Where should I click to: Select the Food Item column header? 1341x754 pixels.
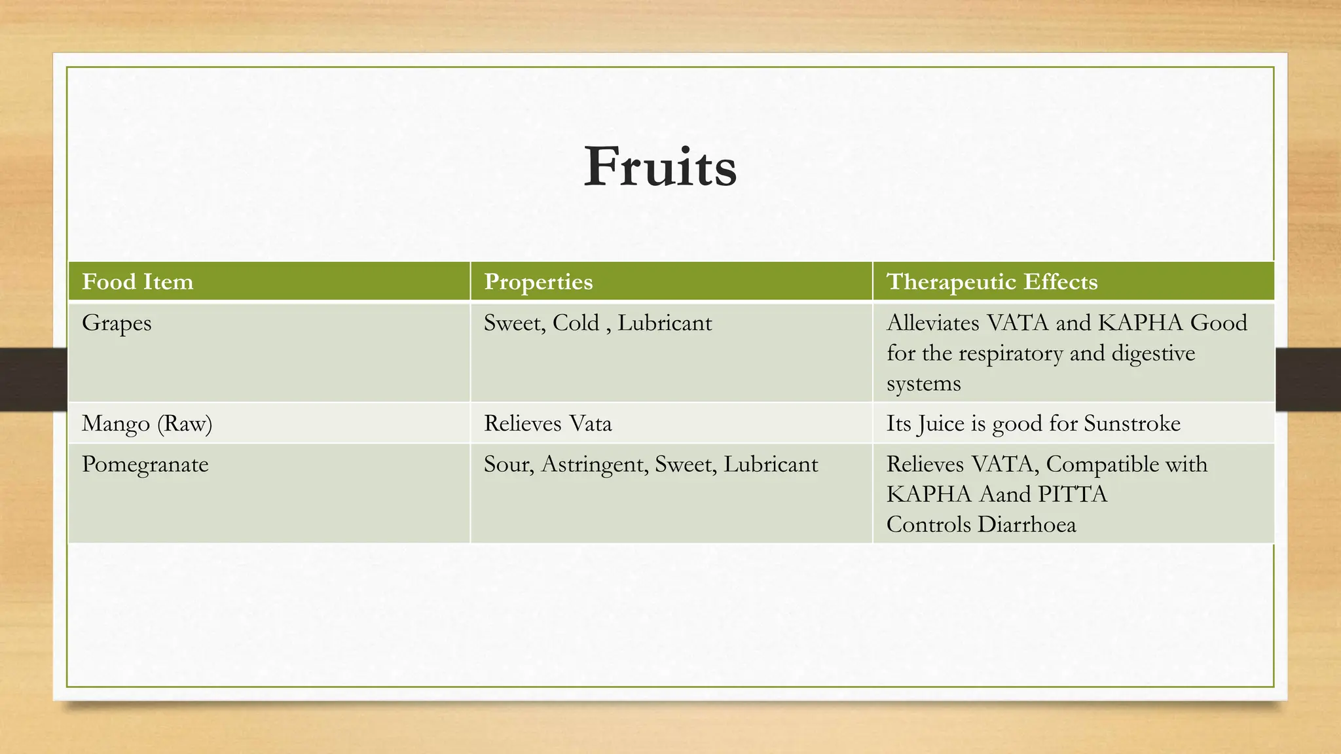(x=138, y=281)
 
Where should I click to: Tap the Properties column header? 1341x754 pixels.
(x=538, y=281)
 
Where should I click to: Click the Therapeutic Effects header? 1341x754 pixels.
(x=991, y=281)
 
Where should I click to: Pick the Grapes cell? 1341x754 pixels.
(x=117, y=323)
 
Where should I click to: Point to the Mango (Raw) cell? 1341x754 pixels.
(x=147, y=423)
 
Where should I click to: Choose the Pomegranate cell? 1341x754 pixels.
(x=145, y=464)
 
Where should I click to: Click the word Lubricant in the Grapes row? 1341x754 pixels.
(x=665, y=323)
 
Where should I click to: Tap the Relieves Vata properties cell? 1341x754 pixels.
(x=547, y=423)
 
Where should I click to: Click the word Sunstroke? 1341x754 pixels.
(x=1132, y=423)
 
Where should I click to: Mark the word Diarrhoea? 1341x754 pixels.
(x=1027, y=524)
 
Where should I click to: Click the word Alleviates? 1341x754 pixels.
(x=933, y=323)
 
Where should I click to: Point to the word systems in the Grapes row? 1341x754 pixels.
(x=923, y=384)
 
